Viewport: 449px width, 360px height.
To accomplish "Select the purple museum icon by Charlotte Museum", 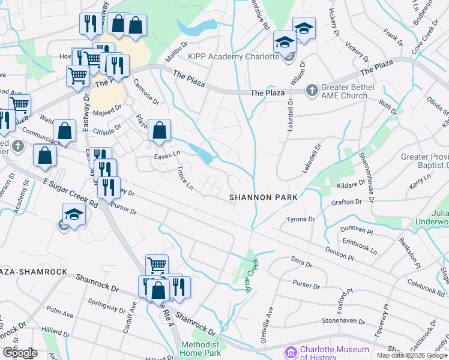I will pyautogui.click(x=292, y=352).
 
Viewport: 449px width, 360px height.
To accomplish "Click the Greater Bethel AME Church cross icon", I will pyautogui.click(x=311, y=91).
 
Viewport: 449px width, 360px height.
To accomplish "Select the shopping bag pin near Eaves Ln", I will pyautogui.click(x=159, y=131).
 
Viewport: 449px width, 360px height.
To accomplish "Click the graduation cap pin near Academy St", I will pyautogui.click(x=73, y=215).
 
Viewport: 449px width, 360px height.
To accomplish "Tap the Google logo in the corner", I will pyautogui.click(x=19, y=352).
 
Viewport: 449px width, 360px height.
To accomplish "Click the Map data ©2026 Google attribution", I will pyautogui.click(x=412, y=356).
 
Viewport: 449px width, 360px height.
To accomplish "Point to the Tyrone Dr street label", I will pyautogui.click(x=301, y=220).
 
